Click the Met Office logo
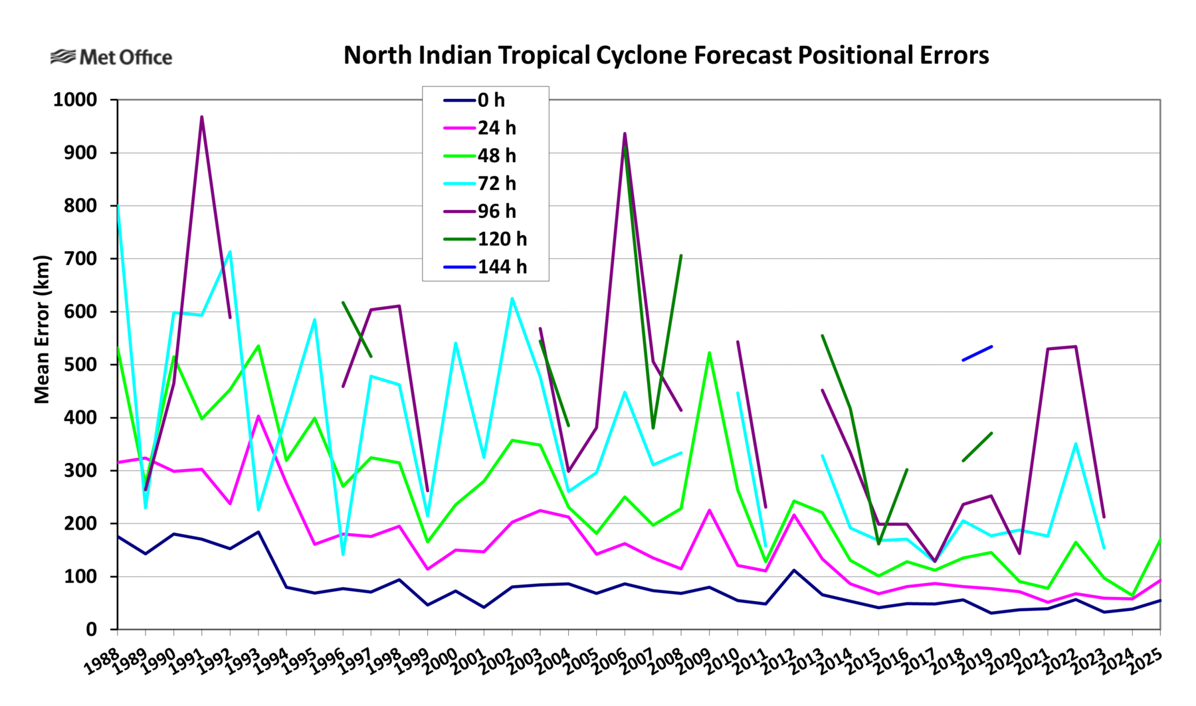(111, 57)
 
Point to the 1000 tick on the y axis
(74, 100)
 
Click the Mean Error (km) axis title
(42, 329)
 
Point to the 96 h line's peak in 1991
(201, 118)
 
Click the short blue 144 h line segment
(977, 353)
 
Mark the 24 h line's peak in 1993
(258, 416)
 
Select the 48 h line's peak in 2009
(710, 353)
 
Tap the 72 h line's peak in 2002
(512, 298)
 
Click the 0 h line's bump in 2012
(794, 570)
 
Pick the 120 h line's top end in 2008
(681, 256)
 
